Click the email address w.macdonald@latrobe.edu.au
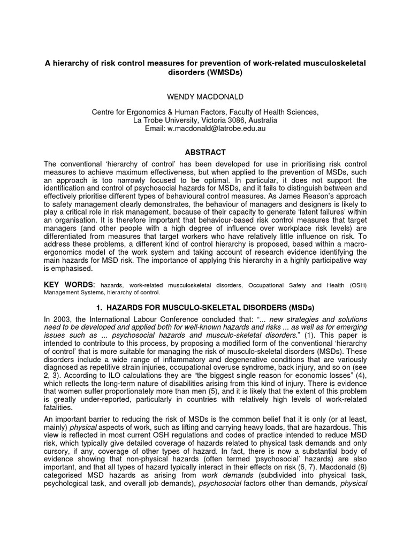point(220,129)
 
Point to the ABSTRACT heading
point(205,152)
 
